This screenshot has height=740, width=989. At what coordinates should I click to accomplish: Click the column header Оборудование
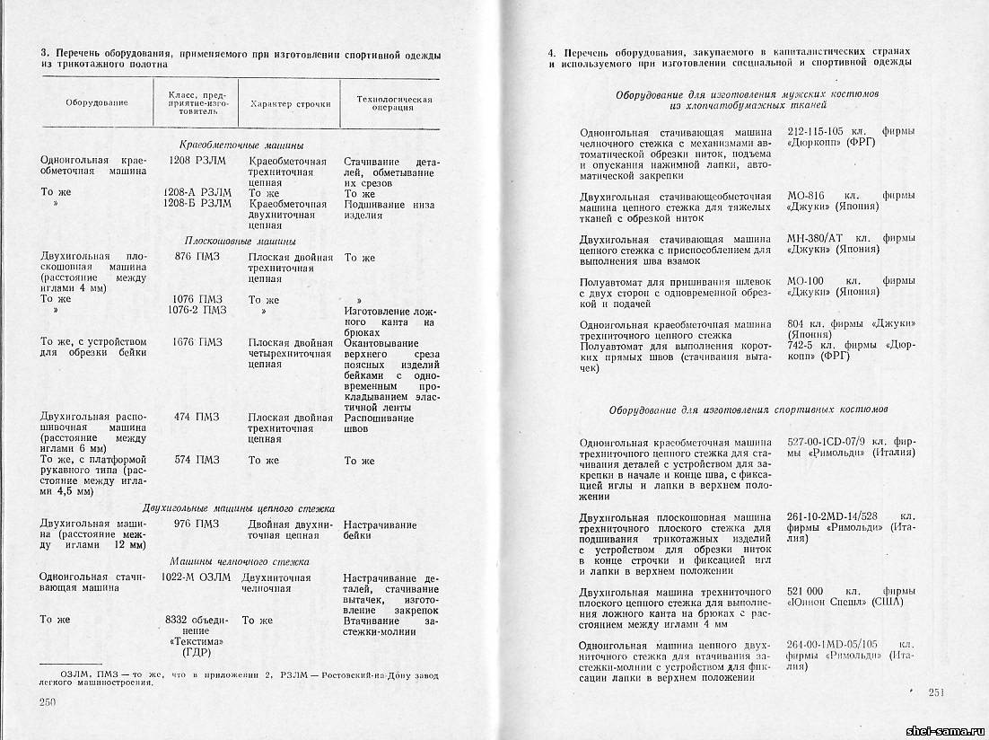[x=97, y=102]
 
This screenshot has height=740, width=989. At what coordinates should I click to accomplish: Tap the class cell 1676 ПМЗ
[x=197, y=342]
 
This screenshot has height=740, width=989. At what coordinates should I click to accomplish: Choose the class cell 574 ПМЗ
[x=197, y=461]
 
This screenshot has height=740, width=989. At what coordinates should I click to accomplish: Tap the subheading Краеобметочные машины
[x=241, y=145]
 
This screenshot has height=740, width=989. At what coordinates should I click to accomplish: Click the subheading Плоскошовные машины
[x=241, y=241]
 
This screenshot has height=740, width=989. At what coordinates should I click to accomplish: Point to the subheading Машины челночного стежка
[x=241, y=560]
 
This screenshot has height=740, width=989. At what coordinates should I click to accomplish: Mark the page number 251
[x=936, y=692]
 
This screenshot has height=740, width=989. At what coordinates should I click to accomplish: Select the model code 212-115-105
[x=818, y=132]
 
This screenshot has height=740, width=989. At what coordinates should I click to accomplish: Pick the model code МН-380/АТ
[x=815, y=239]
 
